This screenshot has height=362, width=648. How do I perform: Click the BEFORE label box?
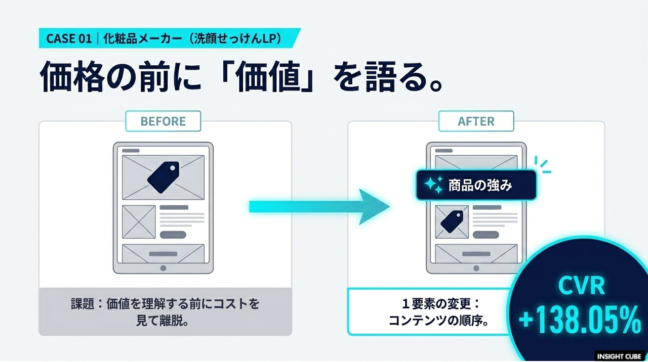tap(163, 121)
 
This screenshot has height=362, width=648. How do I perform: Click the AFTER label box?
tap(476, 121)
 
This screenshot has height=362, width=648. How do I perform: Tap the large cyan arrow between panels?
tap(319, 207)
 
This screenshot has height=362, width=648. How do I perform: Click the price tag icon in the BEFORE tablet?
tap(164, 177)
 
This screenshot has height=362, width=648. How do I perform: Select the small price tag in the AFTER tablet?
tap(452, 221)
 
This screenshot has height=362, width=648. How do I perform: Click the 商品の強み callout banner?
tap(476, 185)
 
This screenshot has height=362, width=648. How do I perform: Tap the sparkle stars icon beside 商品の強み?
tap(434, 185)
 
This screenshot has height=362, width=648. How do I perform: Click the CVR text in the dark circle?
tap(582, 286)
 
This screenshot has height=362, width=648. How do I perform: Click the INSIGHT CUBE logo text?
tap(619, 356)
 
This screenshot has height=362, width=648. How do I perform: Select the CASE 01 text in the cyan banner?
tap(69, 38)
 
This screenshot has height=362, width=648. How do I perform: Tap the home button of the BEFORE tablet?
tap(163, 268)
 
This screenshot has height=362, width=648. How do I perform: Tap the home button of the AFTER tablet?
tap(476, 268)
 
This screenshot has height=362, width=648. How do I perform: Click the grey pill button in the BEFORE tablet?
tap(173, 235)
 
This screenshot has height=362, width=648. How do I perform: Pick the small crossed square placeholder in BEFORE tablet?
tap(139, 222)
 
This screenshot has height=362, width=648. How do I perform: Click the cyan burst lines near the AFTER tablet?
tap(542, 165)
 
